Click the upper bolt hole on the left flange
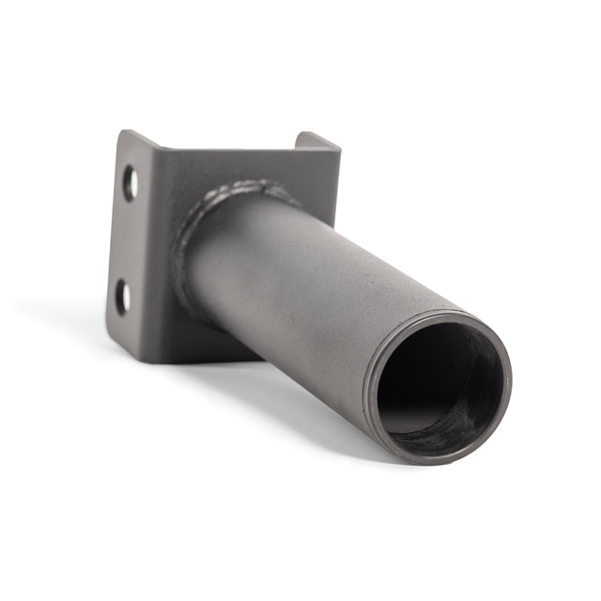[x=131, y=182]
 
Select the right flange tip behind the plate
[x=316, y=140]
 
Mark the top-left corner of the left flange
[x=121, y=132]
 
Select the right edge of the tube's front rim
[x=508, y=385]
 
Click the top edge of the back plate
[x=235, y=147]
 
